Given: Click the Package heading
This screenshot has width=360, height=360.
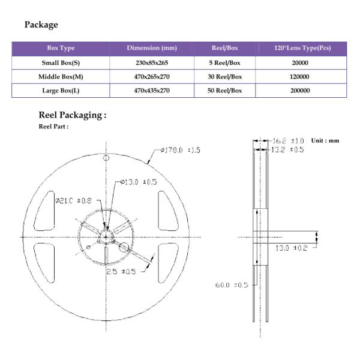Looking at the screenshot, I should point(41,25).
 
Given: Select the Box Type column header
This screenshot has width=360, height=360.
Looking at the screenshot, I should point(61,48).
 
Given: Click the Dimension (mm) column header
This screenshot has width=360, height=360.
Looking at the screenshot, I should point(151,48).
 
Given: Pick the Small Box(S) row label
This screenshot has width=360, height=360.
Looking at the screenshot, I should point(61,62).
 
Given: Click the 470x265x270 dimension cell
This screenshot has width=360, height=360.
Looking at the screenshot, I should point(151,77).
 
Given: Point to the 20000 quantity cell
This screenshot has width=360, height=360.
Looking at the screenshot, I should point(300,62).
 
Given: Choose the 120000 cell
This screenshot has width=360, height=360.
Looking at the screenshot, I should point(300,77).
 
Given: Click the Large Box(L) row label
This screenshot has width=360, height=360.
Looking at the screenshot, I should point(61,91).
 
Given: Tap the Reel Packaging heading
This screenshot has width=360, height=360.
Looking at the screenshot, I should point(72,115).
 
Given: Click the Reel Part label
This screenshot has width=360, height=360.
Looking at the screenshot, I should point(53,127).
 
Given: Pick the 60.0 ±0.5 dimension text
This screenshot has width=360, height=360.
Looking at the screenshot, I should point(232,284).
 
